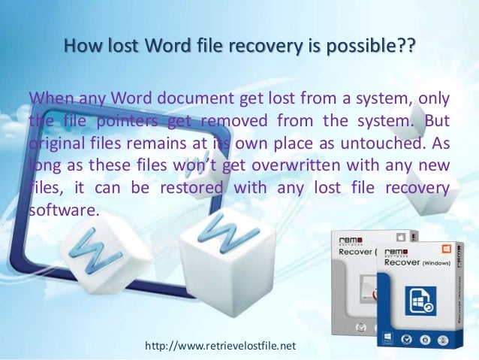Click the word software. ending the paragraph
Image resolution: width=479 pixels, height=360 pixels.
[63, 210]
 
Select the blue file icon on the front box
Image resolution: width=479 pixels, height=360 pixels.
[422, 303]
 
